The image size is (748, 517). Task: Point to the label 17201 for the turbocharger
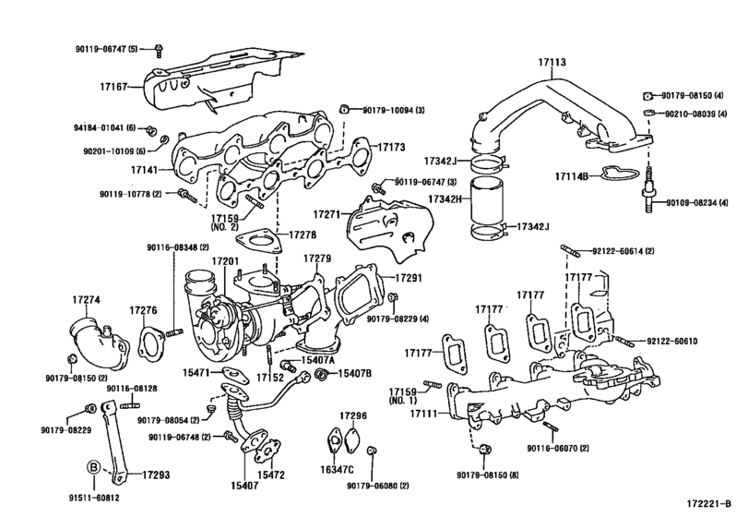[x=225, y=262]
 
